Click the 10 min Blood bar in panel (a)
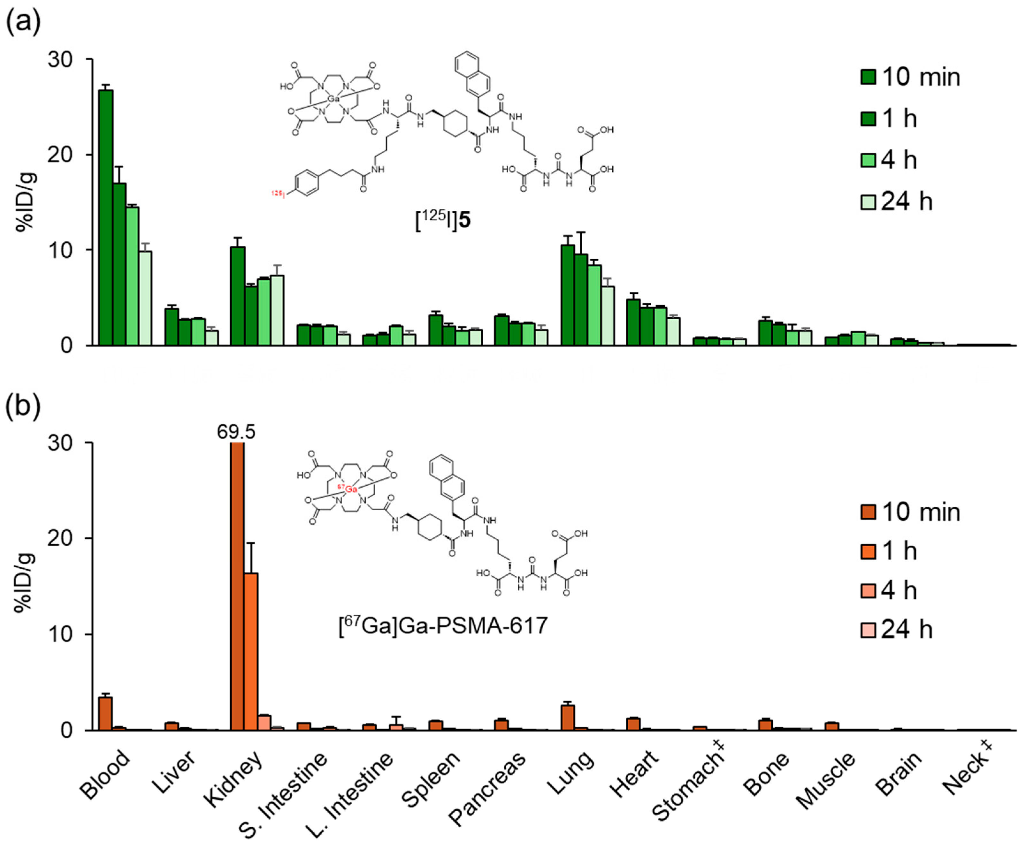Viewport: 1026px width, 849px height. pos(105,217)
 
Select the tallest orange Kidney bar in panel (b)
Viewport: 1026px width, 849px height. pos(237,586)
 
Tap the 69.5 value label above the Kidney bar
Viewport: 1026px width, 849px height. pos(236,432)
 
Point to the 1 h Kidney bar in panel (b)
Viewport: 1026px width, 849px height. pos(251,652)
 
